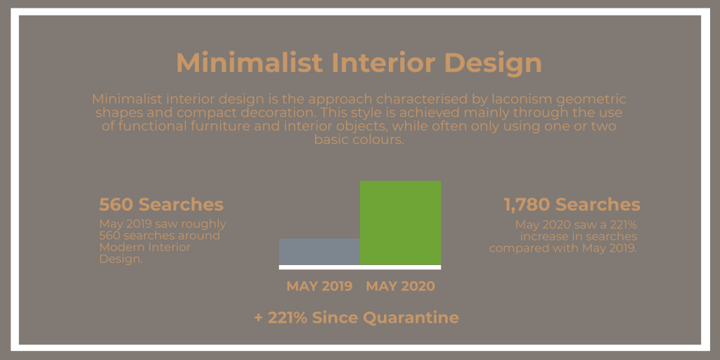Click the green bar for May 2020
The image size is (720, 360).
400,223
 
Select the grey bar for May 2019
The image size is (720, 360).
320,252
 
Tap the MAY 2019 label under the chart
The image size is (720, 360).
320,286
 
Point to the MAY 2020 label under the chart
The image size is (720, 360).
400,286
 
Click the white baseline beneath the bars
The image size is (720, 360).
360,267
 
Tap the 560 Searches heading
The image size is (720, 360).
161,205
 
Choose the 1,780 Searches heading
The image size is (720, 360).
572,205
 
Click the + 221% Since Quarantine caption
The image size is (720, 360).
356,317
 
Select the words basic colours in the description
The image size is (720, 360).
359,140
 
